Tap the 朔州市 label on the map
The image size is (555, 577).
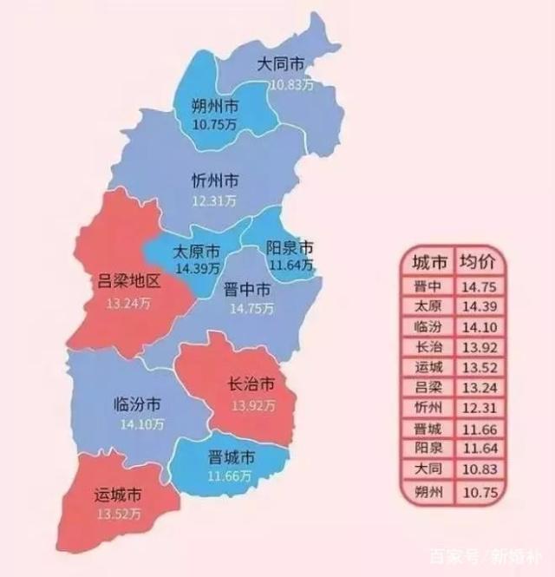[x=215, y=106]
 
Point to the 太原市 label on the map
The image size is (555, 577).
[x=196, y=252]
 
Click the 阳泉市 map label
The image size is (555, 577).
[x=290, y=247]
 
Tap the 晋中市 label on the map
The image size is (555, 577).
[x=247, y=289]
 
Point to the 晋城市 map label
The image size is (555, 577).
[x=232, y=457]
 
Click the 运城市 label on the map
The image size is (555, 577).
[x=118, y=496]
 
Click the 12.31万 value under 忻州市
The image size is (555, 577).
[x=214, y=201]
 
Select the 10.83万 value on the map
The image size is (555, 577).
[x=291, y=84]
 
